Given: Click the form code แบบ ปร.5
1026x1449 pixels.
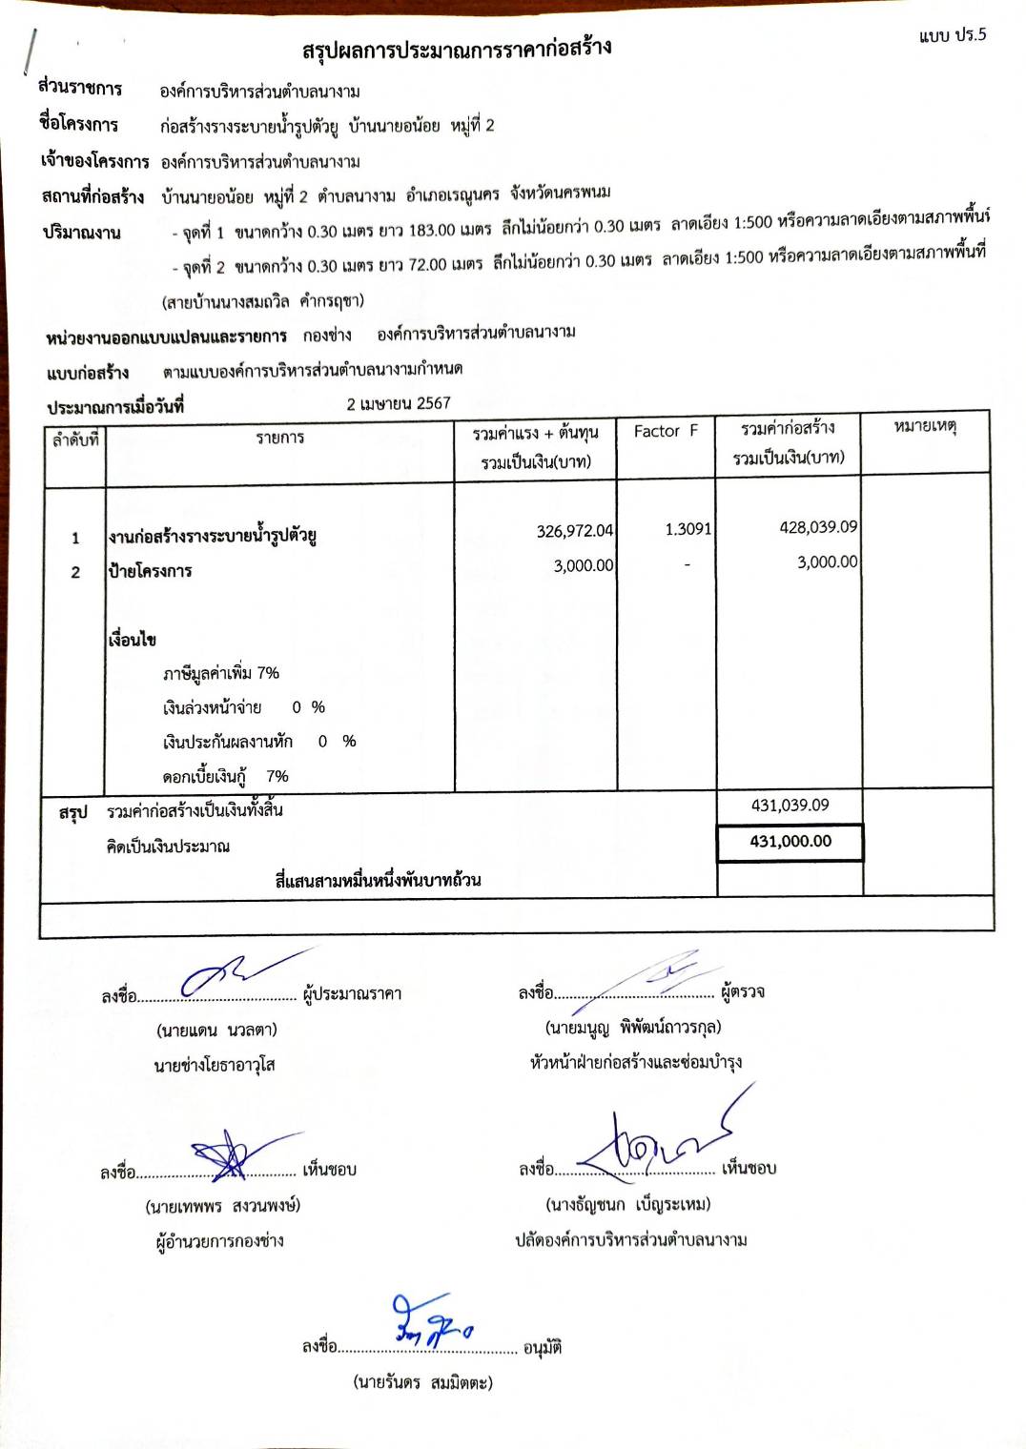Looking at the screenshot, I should (952, 36).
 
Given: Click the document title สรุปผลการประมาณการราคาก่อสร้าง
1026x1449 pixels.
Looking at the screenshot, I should (456, 49).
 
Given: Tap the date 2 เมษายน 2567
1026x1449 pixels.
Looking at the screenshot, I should (399, 403).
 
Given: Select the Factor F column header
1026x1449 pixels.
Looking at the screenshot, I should (666, 431).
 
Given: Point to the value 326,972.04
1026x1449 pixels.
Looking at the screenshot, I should (574, 531).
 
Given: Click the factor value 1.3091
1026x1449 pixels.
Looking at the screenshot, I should (687, 529).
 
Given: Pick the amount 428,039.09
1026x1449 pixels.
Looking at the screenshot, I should (817, 527).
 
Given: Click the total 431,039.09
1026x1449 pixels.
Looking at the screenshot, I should (790, 806).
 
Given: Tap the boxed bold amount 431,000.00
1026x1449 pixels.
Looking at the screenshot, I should (790, 842).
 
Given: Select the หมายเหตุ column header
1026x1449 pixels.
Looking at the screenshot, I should (924, 426).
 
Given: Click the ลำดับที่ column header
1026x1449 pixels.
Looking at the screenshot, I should (75, 439).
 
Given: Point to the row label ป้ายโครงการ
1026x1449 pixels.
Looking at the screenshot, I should (151, 571).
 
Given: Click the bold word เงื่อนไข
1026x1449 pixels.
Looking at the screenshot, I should (133, 640).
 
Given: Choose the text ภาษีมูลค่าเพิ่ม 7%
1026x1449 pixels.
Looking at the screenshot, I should (221, 674).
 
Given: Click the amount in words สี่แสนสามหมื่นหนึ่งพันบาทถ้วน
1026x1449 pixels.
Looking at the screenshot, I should (378, 880).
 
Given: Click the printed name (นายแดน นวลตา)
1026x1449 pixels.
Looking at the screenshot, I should (216, 1031).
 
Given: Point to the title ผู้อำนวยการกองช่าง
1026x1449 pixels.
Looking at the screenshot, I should (220, 1241).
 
